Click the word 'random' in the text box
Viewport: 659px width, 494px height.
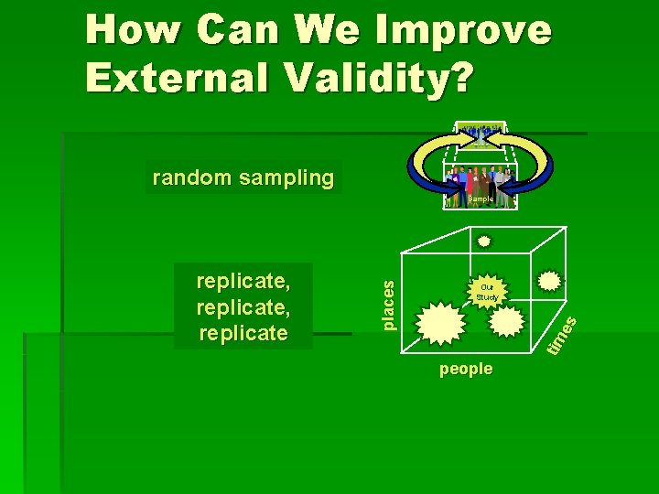(x=191, y=177)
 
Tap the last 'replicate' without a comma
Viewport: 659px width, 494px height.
(x=243, y=332)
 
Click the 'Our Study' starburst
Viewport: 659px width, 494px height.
(x=487, y=292)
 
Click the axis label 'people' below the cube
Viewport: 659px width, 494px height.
(x=466, y=369)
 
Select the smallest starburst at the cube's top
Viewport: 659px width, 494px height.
(x=484, y=242)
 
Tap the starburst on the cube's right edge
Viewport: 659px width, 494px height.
(x=549, y=281)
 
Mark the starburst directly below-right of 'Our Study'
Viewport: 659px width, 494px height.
(x=507, y=320)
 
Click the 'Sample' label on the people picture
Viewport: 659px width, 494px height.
(x=481, y=199)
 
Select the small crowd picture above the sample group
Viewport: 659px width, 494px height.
(x=480, y=134)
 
